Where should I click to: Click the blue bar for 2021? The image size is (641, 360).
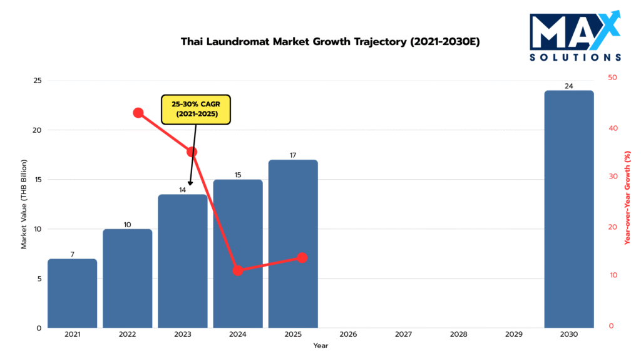pos(72,293)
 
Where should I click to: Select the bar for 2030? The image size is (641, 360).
pos(568,209)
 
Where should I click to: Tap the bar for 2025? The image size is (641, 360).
pos(293,244)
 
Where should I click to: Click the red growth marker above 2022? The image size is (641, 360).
pos(138,113)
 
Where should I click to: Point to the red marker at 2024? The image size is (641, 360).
pos(238,270)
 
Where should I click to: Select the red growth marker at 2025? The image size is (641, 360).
pos(302,257)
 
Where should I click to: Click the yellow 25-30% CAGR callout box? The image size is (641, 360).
pos(196,110)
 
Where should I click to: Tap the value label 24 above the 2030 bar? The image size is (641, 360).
pos(568,86)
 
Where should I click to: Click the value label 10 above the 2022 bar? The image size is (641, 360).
pos(128,224)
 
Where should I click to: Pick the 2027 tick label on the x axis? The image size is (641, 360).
pos(404,335)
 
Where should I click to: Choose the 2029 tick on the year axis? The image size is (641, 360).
pos(514,335)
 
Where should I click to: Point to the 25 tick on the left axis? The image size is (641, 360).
pos(38,81)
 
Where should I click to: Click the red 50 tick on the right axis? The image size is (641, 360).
pos(612,78)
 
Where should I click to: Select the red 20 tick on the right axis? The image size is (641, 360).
pos(612,227)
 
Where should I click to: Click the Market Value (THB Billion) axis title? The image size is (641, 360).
pos(24,205)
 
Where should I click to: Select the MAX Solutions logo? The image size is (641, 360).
pos(575,36)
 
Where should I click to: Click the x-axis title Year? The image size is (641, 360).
pos(320,346)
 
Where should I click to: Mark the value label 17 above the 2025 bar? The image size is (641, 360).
pos(293,155)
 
